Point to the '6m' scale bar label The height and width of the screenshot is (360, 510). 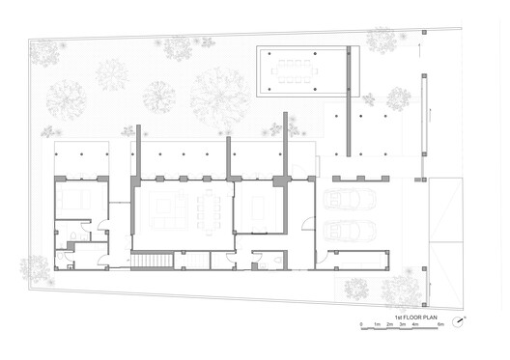click(440, 325)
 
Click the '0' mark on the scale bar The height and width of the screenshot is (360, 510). click(362, 325)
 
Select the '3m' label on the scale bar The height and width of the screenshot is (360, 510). click(402, 325)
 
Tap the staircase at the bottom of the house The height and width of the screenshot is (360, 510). click(151, 261)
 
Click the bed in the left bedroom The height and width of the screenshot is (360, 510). click(71, 200)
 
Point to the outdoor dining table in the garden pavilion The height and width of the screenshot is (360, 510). click(300, 69)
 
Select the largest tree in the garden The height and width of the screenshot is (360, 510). click(218, 97)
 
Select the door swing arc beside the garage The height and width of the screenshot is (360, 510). click(307, 223)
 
